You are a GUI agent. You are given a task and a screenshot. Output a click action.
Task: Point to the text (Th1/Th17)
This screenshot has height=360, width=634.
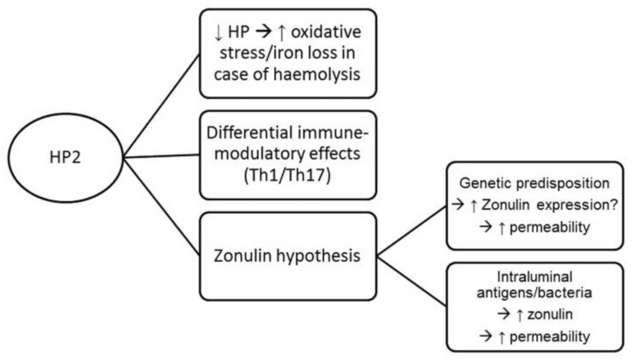pyautogui.click(x=288, y=177)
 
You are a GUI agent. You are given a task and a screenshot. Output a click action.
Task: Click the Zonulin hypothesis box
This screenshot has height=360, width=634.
pyautogui.click(x=288, y=255)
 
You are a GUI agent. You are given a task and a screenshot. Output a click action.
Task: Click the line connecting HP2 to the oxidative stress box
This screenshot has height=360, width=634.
pyautogui.click(x=162, y=105)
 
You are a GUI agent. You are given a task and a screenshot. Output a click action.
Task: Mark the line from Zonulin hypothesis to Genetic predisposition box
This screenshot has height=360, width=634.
pyautogui.click(x=412, y=230)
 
